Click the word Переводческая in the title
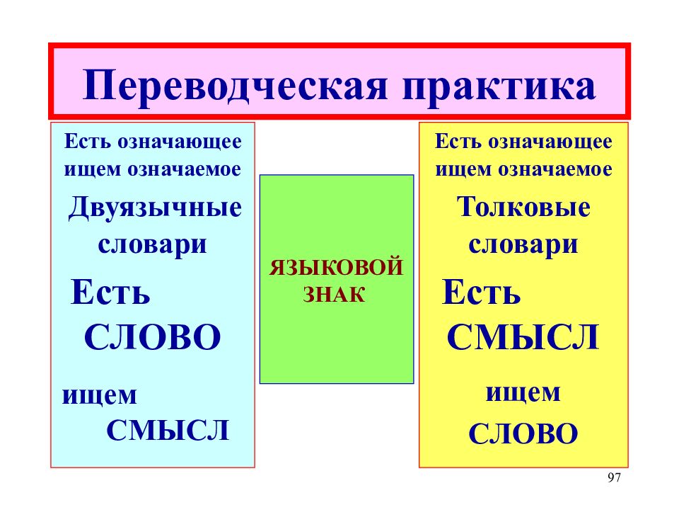pos(234,86)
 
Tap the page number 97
pos(614,477)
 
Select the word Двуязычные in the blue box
pos(155,208)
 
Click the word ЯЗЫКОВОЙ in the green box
pos(336,267)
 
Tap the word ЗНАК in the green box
pos(334,295)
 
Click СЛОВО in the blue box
pos(153,337)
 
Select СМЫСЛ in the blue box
pos(168,430)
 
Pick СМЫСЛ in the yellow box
pos(523,337)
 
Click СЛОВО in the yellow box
pos(523,433)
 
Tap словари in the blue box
pos(153,245)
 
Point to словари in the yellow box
pos(523,245)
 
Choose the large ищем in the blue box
pos(99,395)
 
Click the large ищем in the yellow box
pos(523,393)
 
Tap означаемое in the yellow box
pos(555,169)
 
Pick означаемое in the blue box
pos(184,169)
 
